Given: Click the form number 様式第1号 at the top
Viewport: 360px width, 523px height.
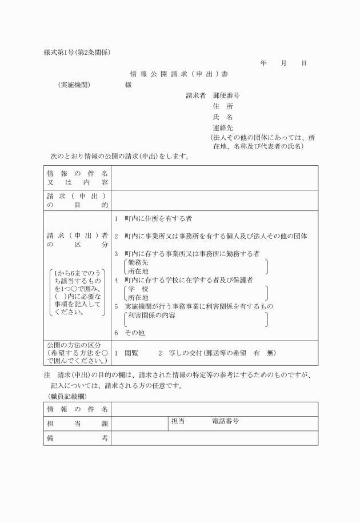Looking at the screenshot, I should point(61,52).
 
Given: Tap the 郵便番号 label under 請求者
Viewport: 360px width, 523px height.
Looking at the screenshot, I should point(226,95).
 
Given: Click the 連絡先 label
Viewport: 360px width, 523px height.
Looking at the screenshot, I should point(222,128).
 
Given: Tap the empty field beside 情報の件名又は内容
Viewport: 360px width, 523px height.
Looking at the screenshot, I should point(214,177).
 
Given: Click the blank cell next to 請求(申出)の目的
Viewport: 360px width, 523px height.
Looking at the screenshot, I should point(214,199).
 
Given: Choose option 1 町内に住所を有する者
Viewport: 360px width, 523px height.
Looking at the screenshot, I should point(157,219).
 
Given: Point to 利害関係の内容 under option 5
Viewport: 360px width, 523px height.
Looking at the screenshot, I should point(151,315).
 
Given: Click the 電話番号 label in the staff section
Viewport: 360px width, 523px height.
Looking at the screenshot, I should point(225,421).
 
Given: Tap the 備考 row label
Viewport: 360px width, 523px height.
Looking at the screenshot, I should point(77,437).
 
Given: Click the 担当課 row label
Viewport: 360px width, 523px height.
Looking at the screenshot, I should point(77,423).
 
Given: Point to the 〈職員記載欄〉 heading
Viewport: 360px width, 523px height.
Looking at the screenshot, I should point(64,396).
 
